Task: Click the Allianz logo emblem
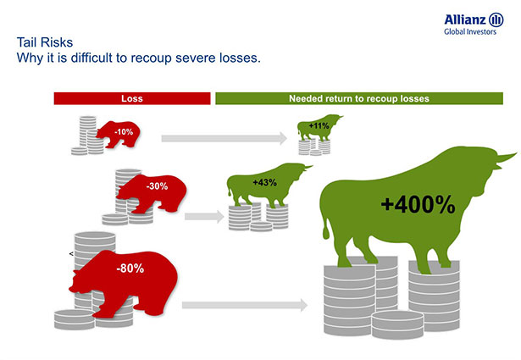pos(496,19)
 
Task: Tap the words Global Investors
pos(470,31)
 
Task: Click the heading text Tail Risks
pos(45,42)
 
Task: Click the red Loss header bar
pos(132,98)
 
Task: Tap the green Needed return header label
pos(359,98)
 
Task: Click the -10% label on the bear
pos(124,132)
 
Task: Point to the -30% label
pos(158,186)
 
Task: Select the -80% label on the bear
pos(130,268)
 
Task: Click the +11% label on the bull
pos(319,125)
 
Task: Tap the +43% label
pos(264,182)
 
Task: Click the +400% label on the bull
pos(418,204)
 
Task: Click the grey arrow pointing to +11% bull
pos(224,138)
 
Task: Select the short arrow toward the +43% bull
pos(204,217)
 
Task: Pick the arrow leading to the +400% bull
pos(245,305)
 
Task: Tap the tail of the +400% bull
pos(326,226)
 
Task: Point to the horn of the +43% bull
pos(308,167)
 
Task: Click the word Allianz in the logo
pos(465,19)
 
